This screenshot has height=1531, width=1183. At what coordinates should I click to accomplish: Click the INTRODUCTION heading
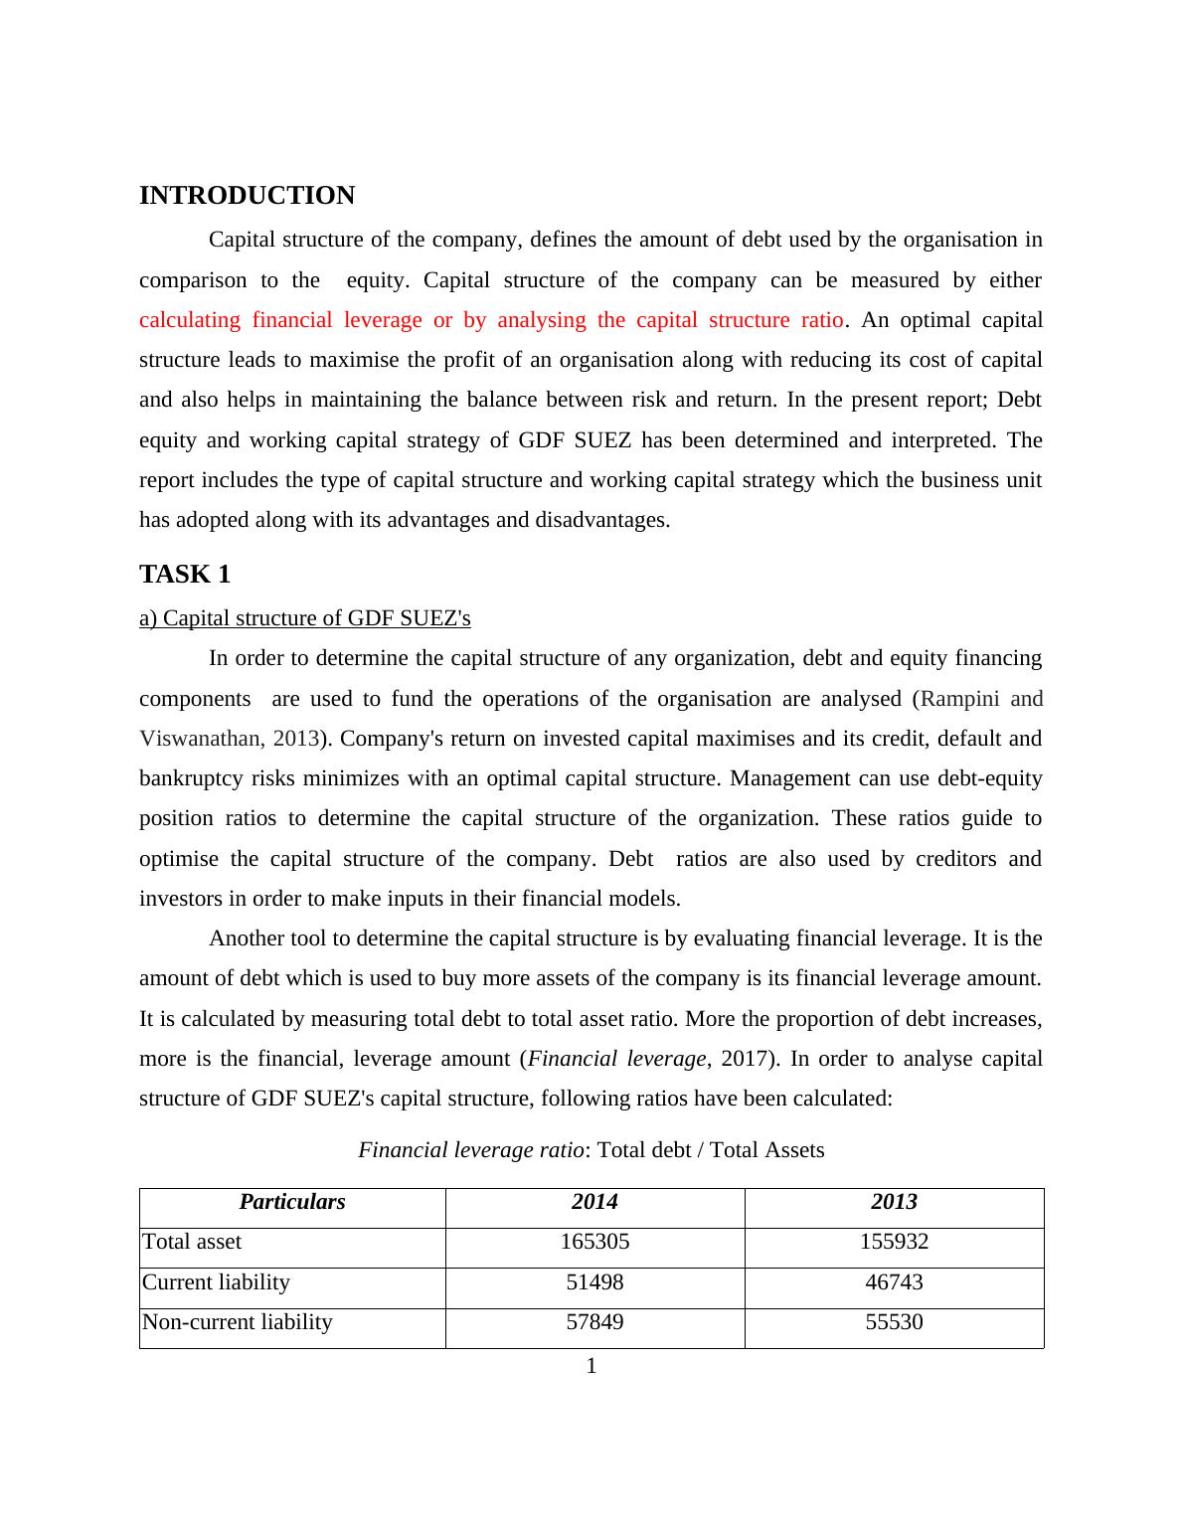coord(247,196)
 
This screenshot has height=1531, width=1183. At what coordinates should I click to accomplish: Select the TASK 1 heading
coord(185,575)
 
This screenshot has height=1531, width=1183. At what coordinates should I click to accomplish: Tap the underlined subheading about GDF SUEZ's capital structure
coord(304,618)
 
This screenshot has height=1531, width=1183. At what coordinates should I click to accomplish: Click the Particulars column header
coord(292,1202)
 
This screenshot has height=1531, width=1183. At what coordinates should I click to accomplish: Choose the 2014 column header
coord(594,1202)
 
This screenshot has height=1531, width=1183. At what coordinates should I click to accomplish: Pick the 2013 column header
coord(894,1202)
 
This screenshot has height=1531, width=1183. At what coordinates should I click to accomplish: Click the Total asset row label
coord(192,1242)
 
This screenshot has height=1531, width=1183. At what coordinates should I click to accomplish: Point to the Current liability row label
coord(217,1282)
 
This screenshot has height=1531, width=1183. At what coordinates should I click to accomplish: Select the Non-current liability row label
coord(238,1322)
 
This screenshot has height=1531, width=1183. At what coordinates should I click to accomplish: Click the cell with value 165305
coord(594,1242)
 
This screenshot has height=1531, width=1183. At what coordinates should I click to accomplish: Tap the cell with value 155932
coord(894,1242)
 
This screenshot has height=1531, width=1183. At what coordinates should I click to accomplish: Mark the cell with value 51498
coord(594,1282)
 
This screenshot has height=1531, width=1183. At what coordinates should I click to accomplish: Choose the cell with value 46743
coord(894,1282)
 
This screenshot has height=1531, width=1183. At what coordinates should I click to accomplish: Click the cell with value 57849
coord(594,1322)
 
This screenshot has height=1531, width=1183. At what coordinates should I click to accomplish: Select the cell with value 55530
coord(894,1322)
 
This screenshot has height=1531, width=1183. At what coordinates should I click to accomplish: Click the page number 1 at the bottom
coord(591,1367)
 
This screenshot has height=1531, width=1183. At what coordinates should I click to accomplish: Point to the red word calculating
coord(190,320)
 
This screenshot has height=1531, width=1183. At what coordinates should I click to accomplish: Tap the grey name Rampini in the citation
coord(959,699)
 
